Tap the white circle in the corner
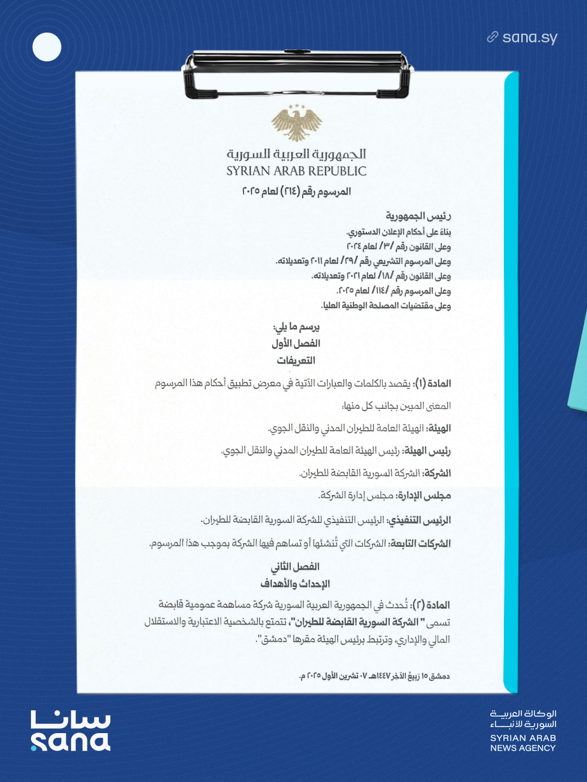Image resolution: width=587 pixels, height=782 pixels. coord(47,47)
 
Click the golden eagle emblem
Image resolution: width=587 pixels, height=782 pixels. coord(296,123)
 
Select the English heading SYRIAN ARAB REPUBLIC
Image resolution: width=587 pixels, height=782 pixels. coord(296,171)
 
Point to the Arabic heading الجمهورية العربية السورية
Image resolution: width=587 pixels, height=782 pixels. coord(296,154)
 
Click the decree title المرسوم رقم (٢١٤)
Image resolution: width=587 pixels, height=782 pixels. coord(296,192)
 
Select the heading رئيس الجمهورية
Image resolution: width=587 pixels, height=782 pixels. coord(418,216)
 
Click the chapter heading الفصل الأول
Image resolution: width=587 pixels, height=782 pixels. coord(296,343)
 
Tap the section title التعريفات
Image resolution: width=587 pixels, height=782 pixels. coord(296,361)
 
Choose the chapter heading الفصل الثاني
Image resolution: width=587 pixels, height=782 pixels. coord(295,567)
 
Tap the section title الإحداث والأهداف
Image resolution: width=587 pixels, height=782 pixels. coord(295,584)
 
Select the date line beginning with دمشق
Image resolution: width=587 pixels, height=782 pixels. coord(374,676)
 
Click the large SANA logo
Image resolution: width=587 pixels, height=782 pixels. coord(71,731)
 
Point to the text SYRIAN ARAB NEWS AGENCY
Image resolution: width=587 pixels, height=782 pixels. coord(523,743)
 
